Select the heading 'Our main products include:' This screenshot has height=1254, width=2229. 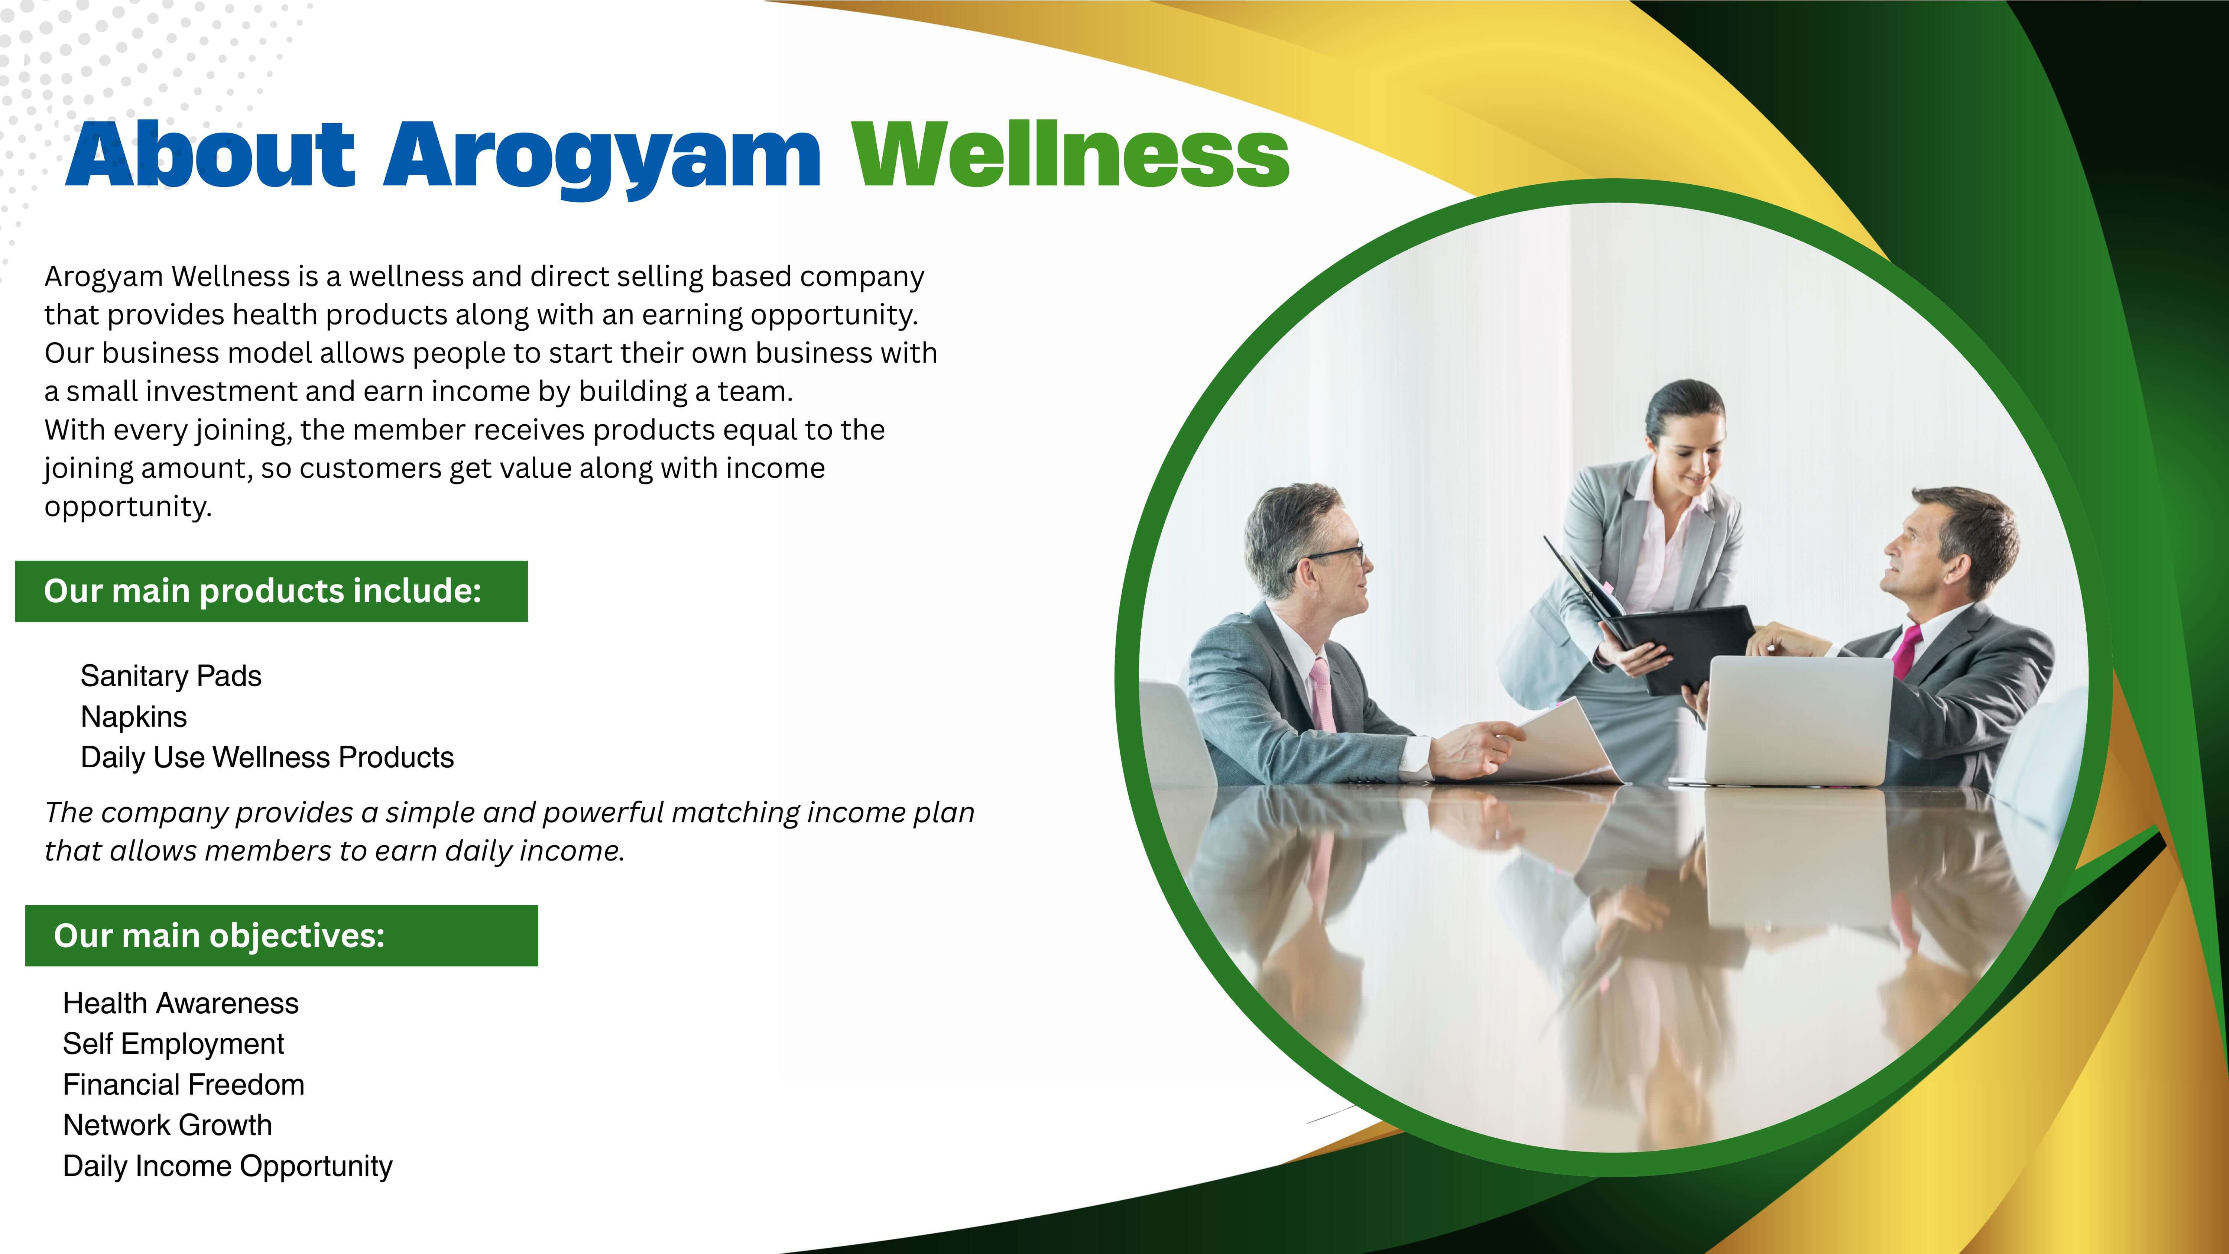[x=262, y=591]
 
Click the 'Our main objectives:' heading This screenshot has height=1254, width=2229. [x=219, y=936]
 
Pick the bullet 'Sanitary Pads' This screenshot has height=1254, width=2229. [x=171, y=676]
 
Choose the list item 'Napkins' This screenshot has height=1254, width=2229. [x=133, y=717]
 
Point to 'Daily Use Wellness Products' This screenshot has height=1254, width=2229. [x=266, y=757]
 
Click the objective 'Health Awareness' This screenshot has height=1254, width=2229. [x=180, y=1003]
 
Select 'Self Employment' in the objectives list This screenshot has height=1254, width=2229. [x=173, y=1044]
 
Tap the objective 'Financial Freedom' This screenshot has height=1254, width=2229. [x=184, y=1084]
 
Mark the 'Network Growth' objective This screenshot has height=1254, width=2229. [x=167, y=1125]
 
